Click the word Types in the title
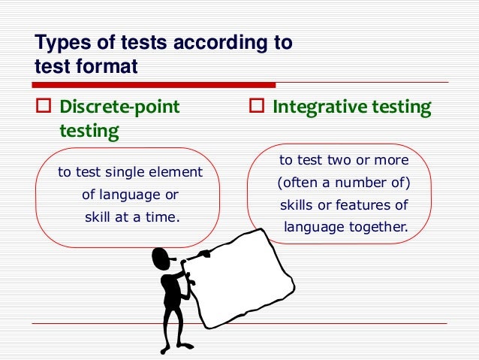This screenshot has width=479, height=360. point(60,43)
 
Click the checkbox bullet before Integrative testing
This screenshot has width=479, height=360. point(255,107)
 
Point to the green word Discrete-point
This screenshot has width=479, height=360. point(119,107)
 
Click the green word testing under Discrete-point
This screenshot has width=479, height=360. point(89,132)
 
